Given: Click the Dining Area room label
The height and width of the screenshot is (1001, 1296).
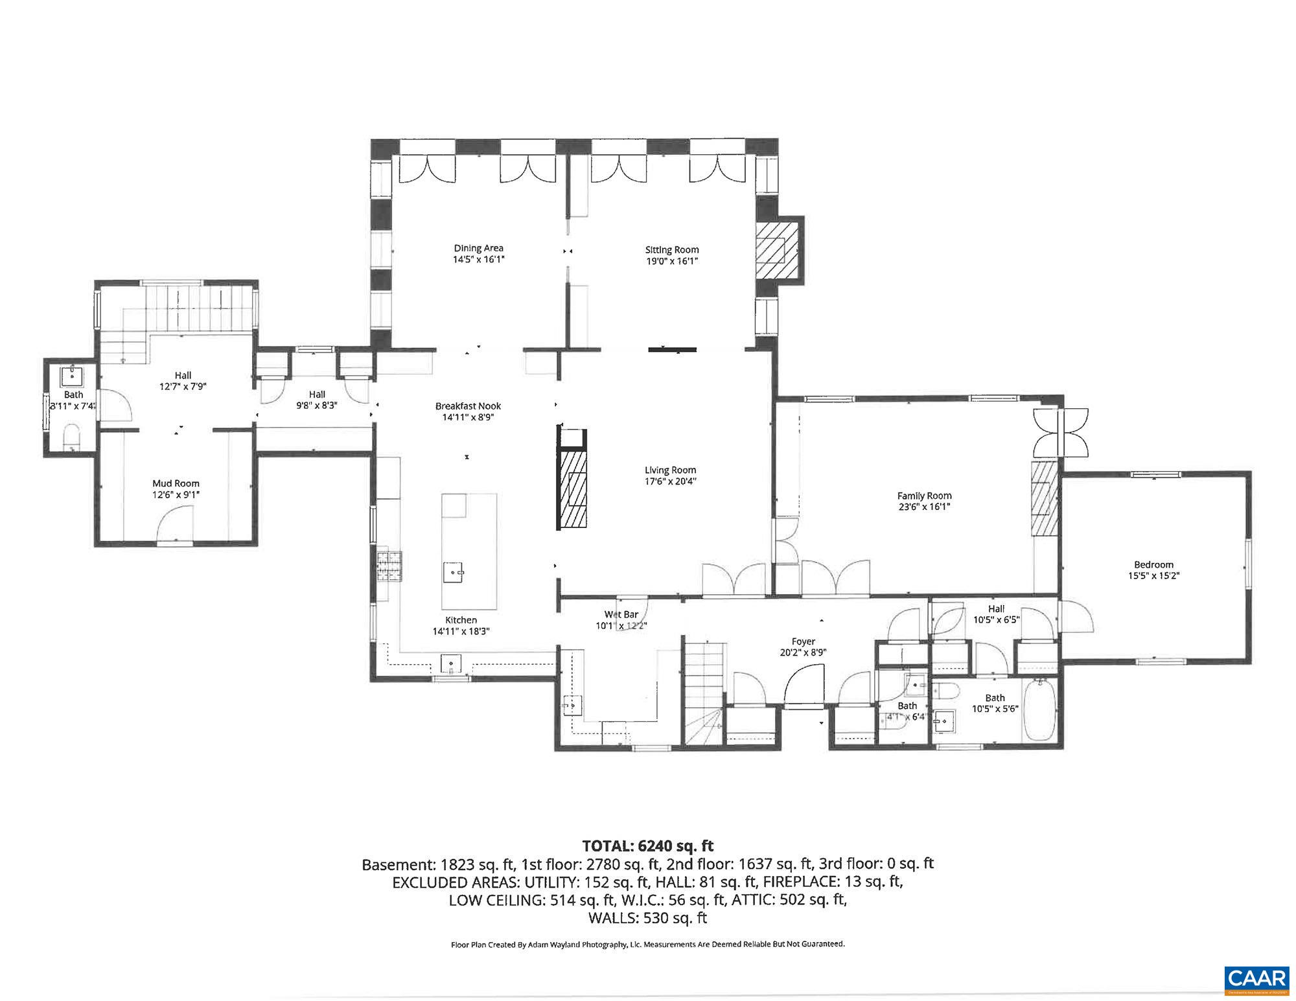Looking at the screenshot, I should click(x=478, y=248).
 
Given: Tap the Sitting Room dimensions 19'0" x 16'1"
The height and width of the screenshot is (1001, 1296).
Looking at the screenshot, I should click(x=671, y=261).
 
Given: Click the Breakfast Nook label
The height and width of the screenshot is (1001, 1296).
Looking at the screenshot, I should click(x=468, y=406).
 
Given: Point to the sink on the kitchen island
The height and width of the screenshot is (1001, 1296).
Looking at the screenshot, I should click(x=454, y=573).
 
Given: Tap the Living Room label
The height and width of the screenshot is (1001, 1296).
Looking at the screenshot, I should click(x=670, y=470).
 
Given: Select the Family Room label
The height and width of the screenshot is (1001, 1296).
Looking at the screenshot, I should click(x=924, y=496).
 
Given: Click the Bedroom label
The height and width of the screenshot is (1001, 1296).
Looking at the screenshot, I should click(x=1153, y=564).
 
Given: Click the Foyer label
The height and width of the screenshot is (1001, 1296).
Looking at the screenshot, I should click(x=803, y=641).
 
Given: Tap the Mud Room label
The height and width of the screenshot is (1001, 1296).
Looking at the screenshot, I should click(x=176, y=483).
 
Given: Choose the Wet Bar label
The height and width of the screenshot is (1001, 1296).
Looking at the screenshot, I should click(x=621, y=614).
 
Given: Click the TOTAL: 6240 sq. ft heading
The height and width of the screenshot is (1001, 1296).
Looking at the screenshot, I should click(x=647, y=846).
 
